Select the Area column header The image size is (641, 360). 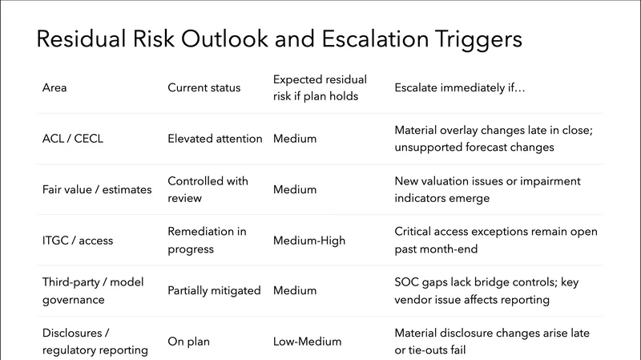pyautogui.click(x=54, y=87)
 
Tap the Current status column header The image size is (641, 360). pyautogui.click(x=204, y=87)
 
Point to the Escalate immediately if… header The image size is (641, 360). pyautogui.click(x=460, y=87)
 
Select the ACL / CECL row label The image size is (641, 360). pyautogui.click(x=72, y=139)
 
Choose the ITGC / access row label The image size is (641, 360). pyautogui.click(x=79, y=240)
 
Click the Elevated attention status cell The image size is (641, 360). pyautogui.click(x=215, y=139)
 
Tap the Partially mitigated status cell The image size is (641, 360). pyautogui.click(x=214, y=290)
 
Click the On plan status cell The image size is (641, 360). pyautogui.click(x=189, y=341)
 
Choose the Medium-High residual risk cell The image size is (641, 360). pyautogui.click(x=310, y=240)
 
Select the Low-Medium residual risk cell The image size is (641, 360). pyautogui.click(x=307, y=341)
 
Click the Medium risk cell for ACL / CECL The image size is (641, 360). pyautogui.click(x=294, y=139)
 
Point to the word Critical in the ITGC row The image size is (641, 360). pyautogui.click(x=414, y=231)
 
